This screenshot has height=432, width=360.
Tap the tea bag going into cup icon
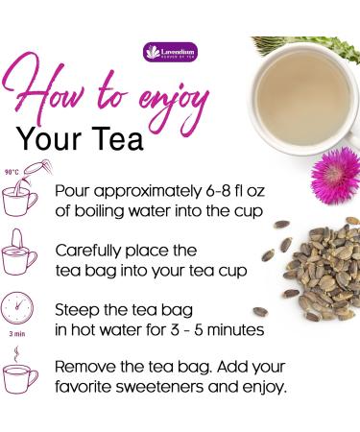point(20,251)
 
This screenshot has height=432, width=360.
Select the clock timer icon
point(20,310)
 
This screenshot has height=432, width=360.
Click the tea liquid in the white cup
point(298,90)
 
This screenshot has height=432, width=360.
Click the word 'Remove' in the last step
point(87,366)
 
